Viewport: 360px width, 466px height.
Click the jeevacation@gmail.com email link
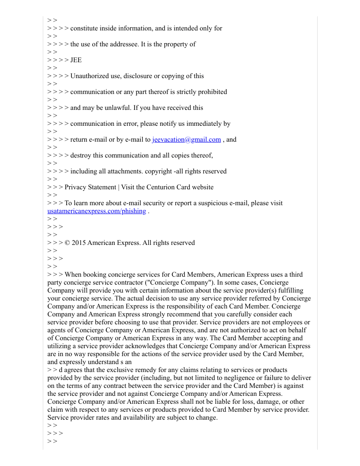[186, 139]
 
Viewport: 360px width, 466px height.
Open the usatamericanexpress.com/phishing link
[97, 211]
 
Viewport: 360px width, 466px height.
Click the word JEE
[76, 60]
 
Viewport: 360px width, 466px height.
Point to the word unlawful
[113, 108]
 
